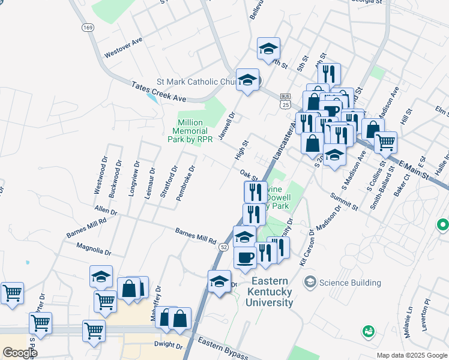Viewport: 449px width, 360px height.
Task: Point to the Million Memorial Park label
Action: point(190,131)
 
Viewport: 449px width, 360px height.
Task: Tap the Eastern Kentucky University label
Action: point(271,292)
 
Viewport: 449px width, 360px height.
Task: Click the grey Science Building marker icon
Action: point(310,282)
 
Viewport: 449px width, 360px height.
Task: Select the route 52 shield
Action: point(223,247)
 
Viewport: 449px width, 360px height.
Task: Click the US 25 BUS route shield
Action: point(285,101)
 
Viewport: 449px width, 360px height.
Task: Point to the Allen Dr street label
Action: point(105,211)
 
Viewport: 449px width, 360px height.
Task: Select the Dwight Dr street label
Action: point(167,346)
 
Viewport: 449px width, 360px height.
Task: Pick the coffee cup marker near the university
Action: point(244,257)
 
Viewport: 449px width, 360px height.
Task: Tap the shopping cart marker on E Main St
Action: point(385,142)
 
